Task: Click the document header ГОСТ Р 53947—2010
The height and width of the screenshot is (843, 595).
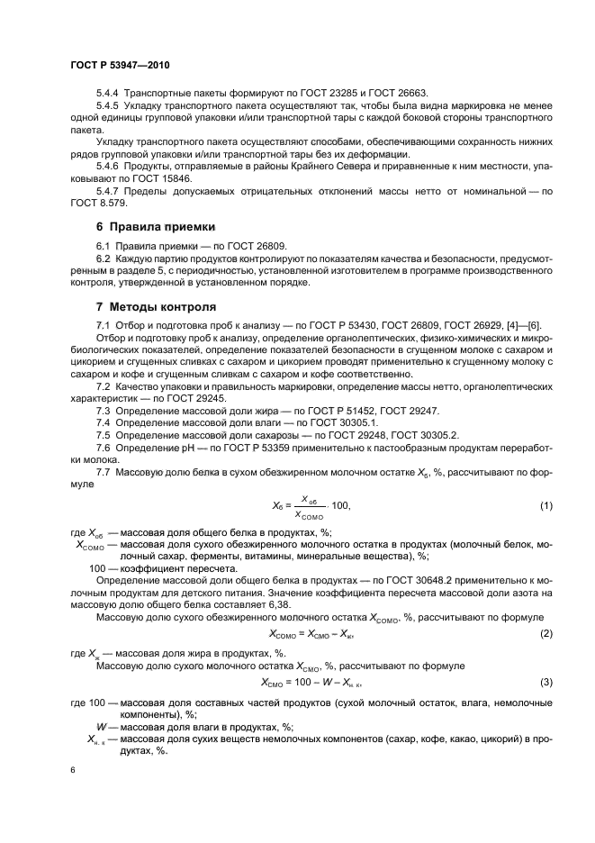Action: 119,67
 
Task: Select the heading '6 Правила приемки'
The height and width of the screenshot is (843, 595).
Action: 155,228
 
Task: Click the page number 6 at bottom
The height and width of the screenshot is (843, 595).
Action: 72,771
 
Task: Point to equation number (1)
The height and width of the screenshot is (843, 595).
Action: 545,507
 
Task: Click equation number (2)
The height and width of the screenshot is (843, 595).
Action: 545,635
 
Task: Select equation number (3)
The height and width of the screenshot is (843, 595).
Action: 545,682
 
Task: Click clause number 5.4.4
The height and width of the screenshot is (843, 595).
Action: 108,94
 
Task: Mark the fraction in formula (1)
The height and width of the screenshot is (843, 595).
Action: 311,507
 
